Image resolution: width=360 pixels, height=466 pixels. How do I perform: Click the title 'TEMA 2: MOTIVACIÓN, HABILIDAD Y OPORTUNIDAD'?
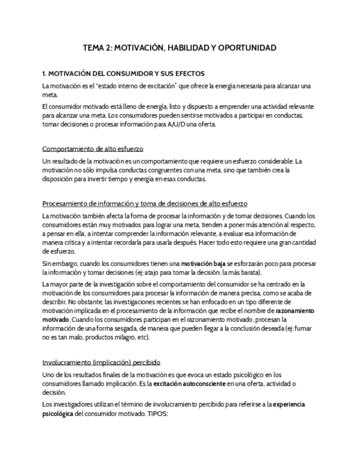pos(180,48)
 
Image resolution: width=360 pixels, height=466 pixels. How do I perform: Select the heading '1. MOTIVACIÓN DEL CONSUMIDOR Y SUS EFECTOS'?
pos(124,73)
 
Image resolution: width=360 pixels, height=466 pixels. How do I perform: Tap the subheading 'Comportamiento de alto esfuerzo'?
pos(93,148)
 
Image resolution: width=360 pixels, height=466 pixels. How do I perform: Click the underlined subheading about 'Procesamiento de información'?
pos(145,203)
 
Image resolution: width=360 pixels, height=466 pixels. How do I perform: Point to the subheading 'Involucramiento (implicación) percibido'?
pos(101,362)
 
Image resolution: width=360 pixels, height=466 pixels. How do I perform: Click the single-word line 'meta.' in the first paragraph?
pos(50,95)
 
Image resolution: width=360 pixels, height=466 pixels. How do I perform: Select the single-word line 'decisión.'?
pos(54,392)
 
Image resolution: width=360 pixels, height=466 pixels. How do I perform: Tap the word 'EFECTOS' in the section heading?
pos(190,73)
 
